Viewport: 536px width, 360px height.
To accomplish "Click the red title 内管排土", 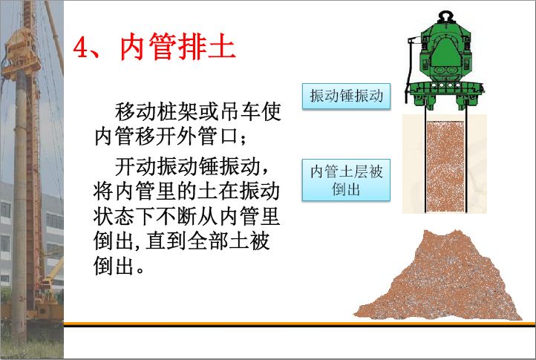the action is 177,47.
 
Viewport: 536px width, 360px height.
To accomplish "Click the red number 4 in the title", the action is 81,48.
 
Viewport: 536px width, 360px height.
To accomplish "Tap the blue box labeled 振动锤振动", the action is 346,96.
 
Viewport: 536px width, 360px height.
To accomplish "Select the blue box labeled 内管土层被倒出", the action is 346,180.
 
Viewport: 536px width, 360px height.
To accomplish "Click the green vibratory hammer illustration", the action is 445,62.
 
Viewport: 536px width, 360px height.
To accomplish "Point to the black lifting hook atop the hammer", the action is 446,16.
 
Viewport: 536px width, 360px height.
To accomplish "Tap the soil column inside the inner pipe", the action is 445,166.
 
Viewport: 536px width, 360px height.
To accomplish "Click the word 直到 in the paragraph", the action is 166,241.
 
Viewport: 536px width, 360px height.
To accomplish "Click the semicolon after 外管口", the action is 243,139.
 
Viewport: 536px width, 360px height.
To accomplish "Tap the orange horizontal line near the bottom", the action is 299,323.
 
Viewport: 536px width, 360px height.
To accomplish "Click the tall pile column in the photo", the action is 20,205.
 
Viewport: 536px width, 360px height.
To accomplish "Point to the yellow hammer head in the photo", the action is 22,51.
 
